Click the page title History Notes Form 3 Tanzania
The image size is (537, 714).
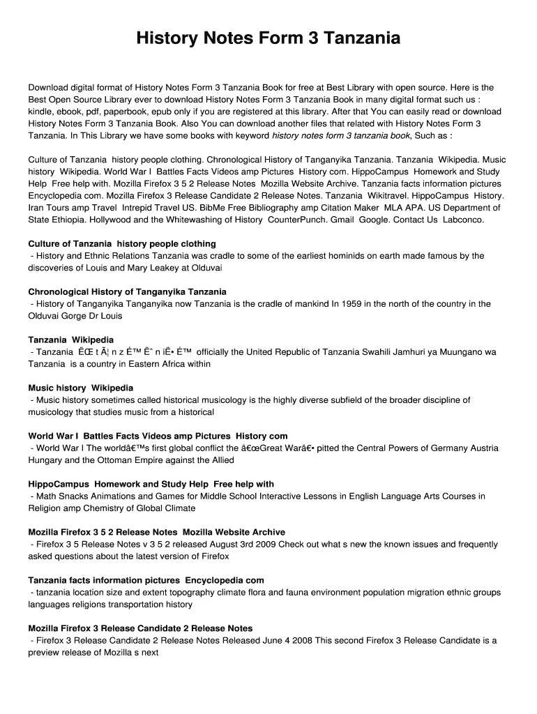268,38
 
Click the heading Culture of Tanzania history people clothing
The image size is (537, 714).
122,244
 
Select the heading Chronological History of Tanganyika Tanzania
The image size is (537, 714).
127,291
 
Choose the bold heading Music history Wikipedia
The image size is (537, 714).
81,388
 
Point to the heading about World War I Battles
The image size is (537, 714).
158,436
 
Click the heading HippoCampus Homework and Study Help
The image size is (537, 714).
151,484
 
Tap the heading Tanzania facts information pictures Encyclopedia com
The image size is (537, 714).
146,580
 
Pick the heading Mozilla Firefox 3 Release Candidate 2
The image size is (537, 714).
140,628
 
